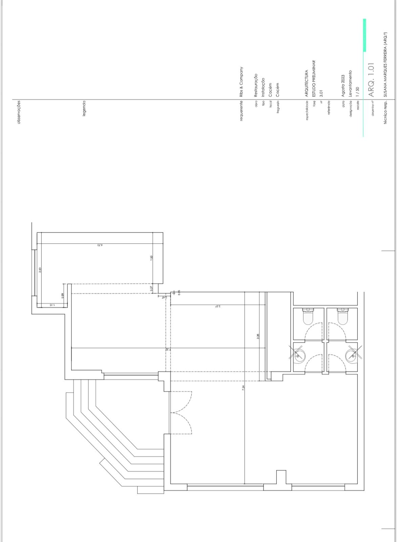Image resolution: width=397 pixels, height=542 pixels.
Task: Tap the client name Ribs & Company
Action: pyautogui.click(x=242, y=82)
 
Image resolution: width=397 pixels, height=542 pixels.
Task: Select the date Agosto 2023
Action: pyautogui.click(x=343, y=86)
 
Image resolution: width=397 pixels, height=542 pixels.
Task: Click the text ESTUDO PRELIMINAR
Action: pyautogui.click(x=314, y=79)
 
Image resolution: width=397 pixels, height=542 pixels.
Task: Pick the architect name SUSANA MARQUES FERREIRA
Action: pyautogui.click(x=385, y=65)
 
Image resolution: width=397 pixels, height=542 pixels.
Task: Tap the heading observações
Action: pyautogui.click(x=19, y=112)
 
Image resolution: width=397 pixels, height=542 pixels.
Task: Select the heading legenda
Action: pyautogui.click(x=84, y=108)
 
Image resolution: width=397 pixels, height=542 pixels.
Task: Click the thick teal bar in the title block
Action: pyautogui.click(x=364, y=35)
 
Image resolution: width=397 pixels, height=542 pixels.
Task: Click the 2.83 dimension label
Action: pyautogui.click(x=40, y=270)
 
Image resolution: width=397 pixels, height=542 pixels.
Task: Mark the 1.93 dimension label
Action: pyautogui.click(x=151, y=258)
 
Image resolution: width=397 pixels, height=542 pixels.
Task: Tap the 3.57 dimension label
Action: pyautogui.click(x=217, y=306)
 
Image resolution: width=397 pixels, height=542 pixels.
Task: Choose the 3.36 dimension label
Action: pyautogui.click(x=258, y=337)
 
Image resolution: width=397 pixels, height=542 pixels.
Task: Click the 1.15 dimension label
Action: pyautogui.click(x=51, y=305)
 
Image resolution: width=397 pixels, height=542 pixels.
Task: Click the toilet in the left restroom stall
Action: pyautogui.click(x=308, y=316)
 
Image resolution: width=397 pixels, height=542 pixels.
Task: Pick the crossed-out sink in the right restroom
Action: pyautogui.click(x=352, y=355)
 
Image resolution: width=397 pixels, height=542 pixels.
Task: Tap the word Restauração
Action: pyautogui.click(x=256, y=86)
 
